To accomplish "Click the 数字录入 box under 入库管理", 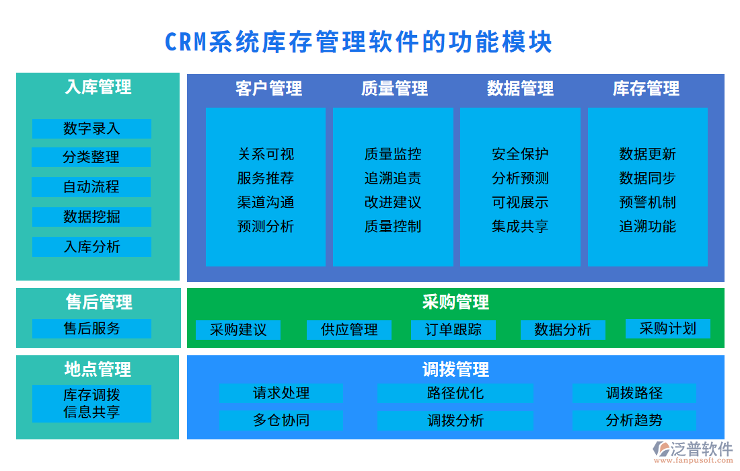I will tap(91, 129).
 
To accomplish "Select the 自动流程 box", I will tap(91, 187).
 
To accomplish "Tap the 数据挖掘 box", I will tap(91, 217).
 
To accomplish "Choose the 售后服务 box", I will tap(91, 328).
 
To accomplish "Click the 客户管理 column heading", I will tap(268, 88).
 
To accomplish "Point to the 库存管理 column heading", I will tap(646, 88).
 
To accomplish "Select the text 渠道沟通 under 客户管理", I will tap(266, 203).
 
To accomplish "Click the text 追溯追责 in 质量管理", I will tap(393, 178).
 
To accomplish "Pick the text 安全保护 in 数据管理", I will tap(520, 154).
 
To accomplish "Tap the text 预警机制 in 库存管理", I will tap(647, 203).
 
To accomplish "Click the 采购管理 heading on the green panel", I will tap(455, 302).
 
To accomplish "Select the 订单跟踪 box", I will tap(453, 330).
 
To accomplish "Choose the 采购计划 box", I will tap(667, 328).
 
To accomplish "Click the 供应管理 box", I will tap(349, 330).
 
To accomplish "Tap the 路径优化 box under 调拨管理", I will tap(455, 393).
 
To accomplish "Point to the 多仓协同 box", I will tap(281, 421).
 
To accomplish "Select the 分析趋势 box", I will tap(634, 421).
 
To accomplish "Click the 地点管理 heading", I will tap(98, 369).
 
